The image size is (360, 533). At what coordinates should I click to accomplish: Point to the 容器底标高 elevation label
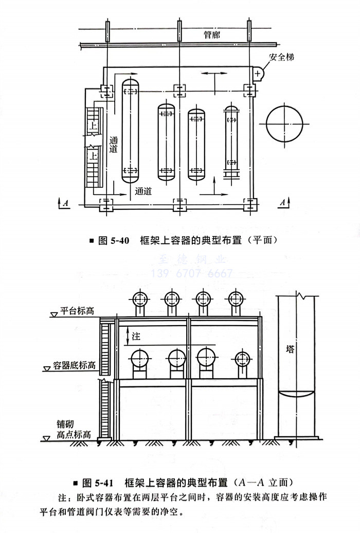pyautogui.click(x=74, y=366)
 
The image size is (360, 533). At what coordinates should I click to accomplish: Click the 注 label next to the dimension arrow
pyautogui.click(x=136, y=336)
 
